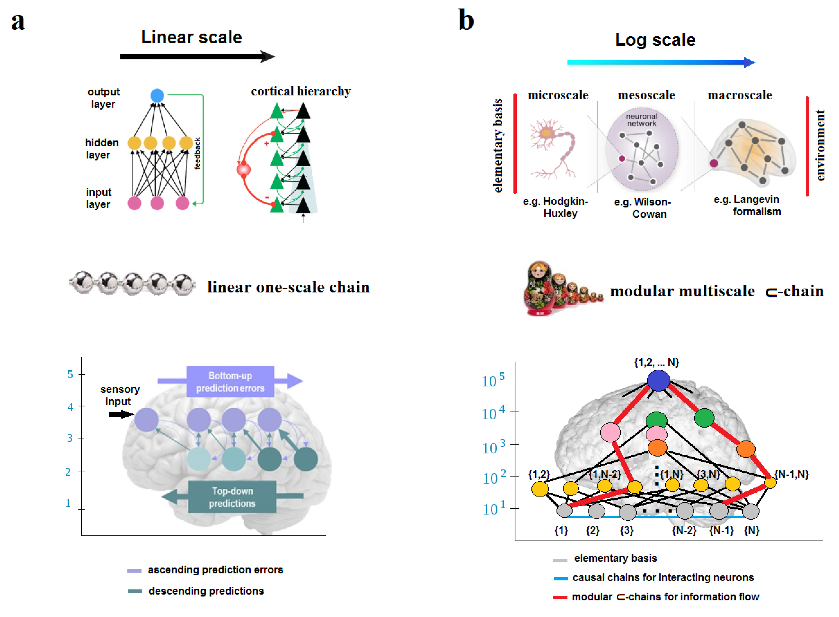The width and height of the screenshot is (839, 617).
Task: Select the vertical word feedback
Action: click(x=198, y=153)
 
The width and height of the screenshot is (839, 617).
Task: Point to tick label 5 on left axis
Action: click(x=70, y=374)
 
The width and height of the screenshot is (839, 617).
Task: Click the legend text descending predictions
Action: click(x=206, y=591)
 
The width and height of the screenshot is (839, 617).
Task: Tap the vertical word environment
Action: click(x=820, y=145)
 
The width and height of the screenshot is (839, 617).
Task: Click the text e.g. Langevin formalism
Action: click(x=747, y=205)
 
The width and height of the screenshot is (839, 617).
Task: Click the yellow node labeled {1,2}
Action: click(x=539, y=489)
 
